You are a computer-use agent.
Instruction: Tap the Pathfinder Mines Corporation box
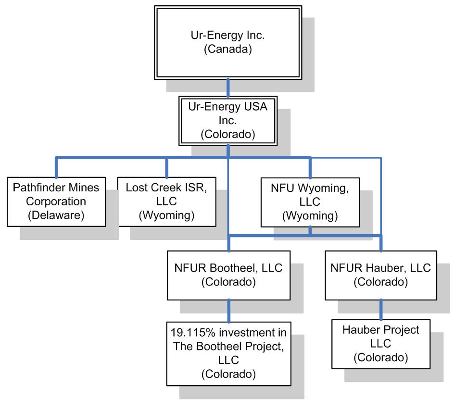[x=57, y=201]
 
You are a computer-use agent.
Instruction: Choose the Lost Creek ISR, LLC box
[x=166, y=201]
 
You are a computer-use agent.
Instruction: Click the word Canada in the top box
[x=227, y=50]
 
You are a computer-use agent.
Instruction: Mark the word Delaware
[x=57, y=215]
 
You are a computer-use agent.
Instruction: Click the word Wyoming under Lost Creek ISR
[x=166, y=215]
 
